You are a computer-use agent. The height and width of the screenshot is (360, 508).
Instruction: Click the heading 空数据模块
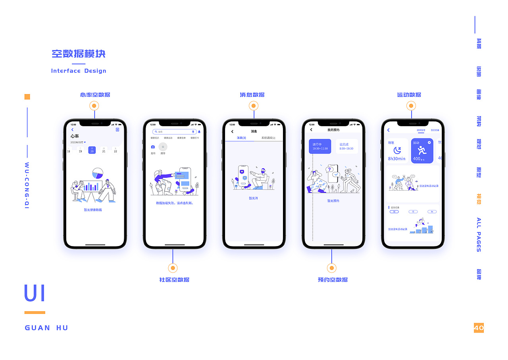point(79,54)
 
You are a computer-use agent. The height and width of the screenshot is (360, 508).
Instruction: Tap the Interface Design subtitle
point(79,71)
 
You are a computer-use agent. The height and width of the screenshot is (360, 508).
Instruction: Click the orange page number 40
point(479,327)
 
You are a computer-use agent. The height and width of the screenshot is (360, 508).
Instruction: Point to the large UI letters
point(35,294)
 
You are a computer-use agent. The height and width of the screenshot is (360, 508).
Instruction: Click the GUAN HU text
point(46,328)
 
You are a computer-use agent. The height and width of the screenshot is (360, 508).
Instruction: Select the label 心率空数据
point(95,95)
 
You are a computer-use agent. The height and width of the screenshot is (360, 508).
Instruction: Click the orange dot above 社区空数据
point(173,268)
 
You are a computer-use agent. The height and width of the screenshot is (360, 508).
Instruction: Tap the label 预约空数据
point(333,280)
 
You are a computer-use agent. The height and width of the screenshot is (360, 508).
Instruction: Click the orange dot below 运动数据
point(411,106)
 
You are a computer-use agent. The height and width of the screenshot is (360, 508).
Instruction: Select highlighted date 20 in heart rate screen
point(92,150)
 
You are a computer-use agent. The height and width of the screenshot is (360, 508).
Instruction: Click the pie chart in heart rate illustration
point(97,173)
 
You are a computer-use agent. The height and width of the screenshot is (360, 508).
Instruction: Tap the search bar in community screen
point(174,131)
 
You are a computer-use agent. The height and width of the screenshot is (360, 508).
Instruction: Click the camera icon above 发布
point(153,147)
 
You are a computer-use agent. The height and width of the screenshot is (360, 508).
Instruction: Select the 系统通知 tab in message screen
point(268,138)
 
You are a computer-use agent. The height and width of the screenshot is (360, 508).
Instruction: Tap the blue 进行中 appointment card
point(320,146)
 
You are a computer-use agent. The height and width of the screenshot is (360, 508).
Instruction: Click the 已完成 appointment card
point(346,146)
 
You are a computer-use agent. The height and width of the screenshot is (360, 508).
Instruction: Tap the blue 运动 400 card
point(422,150)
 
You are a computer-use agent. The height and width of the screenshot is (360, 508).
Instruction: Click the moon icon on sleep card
point(397,150)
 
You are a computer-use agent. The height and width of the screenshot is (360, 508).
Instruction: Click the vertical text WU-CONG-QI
point(27,185)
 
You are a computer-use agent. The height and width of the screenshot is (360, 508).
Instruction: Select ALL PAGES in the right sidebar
point(479,235)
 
